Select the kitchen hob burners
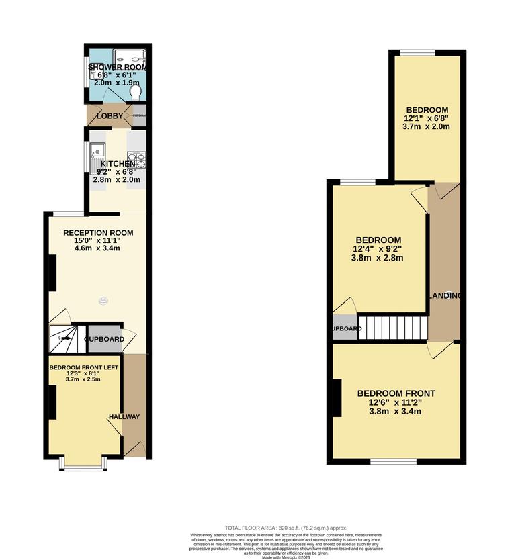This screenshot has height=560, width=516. [141, 161]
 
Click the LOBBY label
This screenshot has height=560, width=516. [110, 115]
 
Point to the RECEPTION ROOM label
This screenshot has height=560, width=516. [98, 233]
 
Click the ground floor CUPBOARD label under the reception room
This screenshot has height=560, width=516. [104, 340]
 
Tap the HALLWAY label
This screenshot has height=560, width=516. [126, 417]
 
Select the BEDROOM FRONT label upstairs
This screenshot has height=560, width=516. [396, 393]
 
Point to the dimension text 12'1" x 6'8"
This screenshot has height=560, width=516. [426, 118]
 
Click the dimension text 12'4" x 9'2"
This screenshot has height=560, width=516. [378, 249]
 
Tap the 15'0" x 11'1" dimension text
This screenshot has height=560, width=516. [98, 242]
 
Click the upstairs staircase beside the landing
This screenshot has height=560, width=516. [393, 328]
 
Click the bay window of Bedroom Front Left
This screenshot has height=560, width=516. [81, 464]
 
